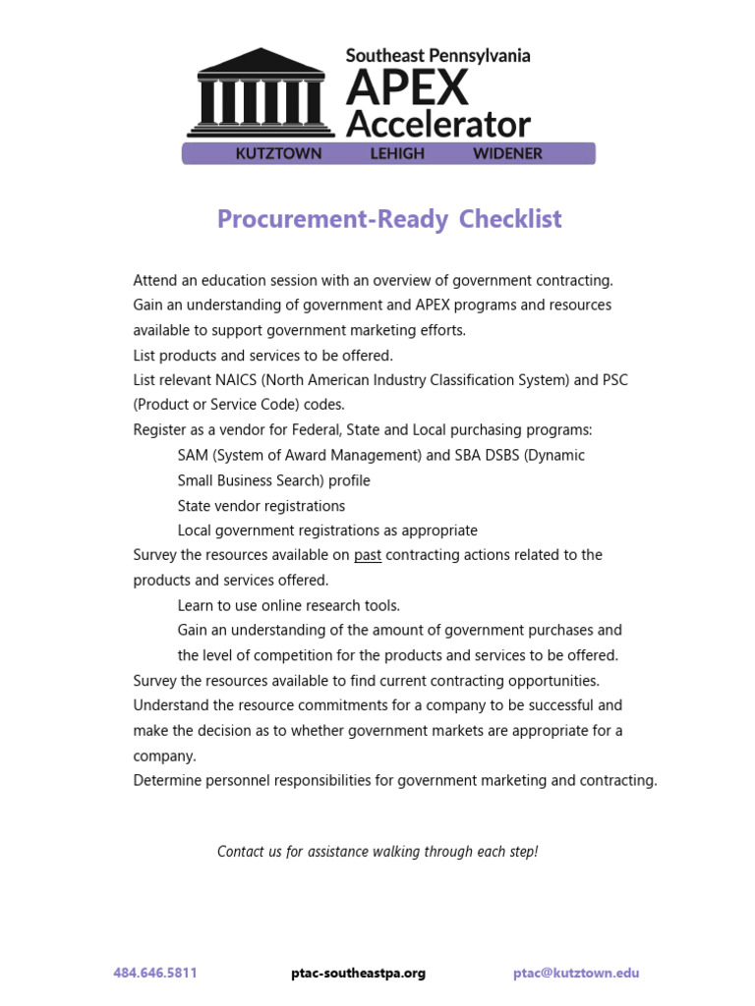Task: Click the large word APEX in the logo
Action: (408, 89)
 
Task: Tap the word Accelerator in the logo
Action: (438, 125)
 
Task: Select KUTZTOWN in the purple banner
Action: (278, 153)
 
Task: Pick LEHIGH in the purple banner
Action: (396, 153)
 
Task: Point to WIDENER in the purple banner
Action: (507, 153)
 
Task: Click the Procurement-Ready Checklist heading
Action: (389, 218)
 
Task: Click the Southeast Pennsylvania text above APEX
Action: (437, 56)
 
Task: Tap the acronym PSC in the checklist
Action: (615, 380)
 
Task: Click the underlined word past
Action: (368, 555)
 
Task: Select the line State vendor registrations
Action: (261, 506)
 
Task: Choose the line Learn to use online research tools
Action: (289, 605)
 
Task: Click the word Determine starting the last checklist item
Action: (167, 780)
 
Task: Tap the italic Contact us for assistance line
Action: (377, 851)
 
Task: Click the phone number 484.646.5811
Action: (155, 973)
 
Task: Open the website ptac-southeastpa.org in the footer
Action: (358, 973)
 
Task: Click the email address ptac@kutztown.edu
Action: (576, 973)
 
